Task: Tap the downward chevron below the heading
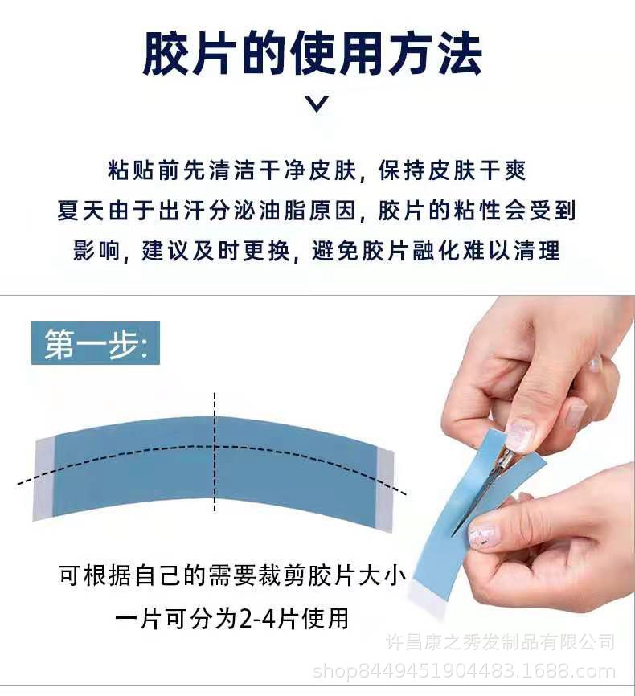pos(318,103)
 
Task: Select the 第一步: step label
pos(96,342)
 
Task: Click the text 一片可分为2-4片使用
pos(232,618)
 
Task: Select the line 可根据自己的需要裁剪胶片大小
pos(232,575)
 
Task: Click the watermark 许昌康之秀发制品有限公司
pos(500,642)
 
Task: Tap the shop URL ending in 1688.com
pos(464,671)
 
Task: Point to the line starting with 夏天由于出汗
pos(317,211)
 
